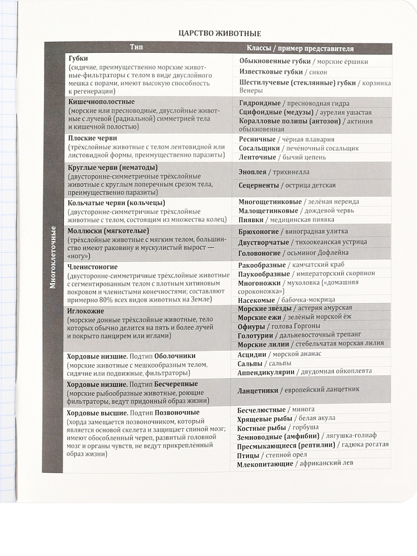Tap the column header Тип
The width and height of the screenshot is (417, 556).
click(136, 48)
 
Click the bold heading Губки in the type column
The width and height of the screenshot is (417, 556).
click(78, 58)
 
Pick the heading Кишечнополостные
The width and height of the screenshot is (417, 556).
click(101, 102)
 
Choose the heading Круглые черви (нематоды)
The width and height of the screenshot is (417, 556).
click(113, 167)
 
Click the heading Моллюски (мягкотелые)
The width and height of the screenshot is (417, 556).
click(109, 230)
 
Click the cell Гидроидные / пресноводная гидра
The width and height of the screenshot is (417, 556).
click(294, 103)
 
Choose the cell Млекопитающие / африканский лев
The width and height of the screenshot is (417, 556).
click(295, 464)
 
